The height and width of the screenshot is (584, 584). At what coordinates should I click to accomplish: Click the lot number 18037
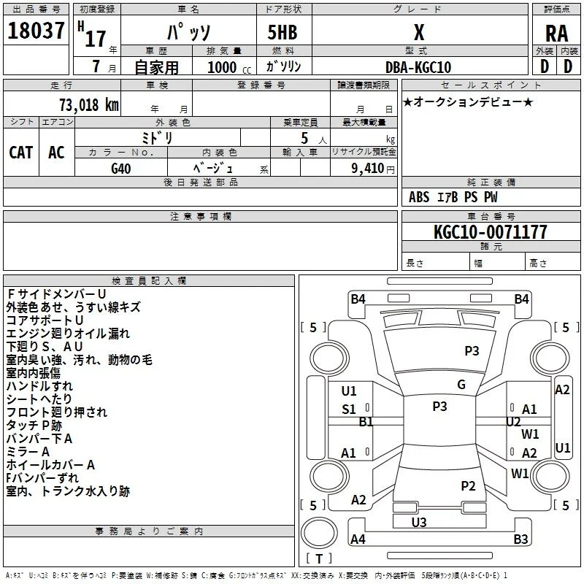[x=36, y=31]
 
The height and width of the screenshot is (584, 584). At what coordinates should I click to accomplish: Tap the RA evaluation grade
[x=556, y=34]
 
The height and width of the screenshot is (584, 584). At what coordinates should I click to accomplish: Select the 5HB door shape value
[x=283, y=32]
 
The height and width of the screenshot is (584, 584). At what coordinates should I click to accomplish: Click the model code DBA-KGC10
[x=418, y=67]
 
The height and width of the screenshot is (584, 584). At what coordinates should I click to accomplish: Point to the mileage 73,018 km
[x=88, y=104]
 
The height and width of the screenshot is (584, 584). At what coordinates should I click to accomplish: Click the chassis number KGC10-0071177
[x=491, y=232]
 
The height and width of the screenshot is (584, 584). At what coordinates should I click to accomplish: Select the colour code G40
[x=121, y=169]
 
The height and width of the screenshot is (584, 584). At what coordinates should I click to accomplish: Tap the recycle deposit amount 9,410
[x=367, y=169]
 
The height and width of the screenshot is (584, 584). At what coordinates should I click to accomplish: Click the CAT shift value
[x=21, y=153]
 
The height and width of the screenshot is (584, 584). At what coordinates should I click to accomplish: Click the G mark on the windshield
[x=461, y=385]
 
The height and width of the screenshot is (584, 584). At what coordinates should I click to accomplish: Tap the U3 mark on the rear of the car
[x=419, y=522]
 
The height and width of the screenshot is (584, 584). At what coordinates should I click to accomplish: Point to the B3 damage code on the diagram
[x=520, y=539]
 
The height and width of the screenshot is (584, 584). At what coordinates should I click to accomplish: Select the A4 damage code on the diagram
[x=358, y=539]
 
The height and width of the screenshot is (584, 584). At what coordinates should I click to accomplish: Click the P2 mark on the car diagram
[x=468, y=486]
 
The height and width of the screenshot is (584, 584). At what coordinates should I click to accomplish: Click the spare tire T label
[x=319, y=558]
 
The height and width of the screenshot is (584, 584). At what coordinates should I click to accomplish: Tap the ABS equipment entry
[x=419, y=197]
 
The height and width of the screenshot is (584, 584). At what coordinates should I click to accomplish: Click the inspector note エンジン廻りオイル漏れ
[x=68, y=334]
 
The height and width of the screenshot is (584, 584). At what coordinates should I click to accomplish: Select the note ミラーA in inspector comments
[x=28, y=452]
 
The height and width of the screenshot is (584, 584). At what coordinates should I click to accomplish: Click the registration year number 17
[x=96, y=39]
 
